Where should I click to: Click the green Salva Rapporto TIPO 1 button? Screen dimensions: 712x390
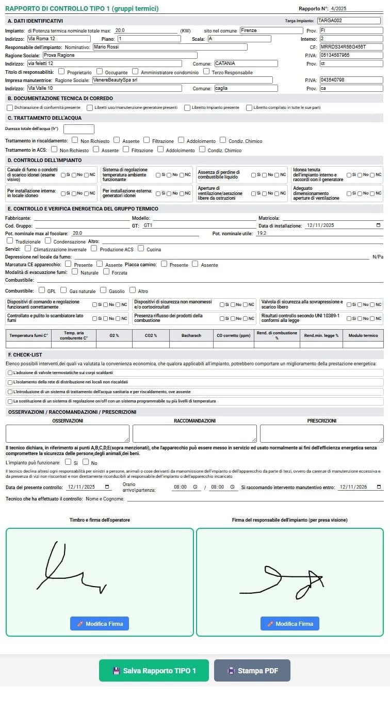[154, 670]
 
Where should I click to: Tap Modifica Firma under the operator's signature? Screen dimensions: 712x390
[100, 623]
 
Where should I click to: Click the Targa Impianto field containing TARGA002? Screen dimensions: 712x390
[349, 21]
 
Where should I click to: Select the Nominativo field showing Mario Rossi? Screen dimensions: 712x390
[169, 47]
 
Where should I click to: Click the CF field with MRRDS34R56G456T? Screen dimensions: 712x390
[351, 47]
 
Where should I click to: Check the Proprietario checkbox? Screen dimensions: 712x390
[62, 72]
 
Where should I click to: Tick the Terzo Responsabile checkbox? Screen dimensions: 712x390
[206, 72]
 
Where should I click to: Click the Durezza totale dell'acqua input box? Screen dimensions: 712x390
[78, 129]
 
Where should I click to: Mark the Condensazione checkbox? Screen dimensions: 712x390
[48, 240]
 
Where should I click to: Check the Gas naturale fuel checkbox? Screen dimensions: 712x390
[64, 290]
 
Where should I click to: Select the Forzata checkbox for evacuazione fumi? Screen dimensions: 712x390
[106, 272]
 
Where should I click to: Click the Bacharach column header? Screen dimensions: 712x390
[191, 335]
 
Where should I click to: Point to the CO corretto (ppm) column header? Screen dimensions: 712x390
[233, 335]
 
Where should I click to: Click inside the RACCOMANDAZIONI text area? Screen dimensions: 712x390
[194, 433]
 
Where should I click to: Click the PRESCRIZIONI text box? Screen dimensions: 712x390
[321, 433]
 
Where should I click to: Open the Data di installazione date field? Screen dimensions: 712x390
[343, 225]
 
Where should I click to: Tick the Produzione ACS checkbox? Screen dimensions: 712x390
[94, 249]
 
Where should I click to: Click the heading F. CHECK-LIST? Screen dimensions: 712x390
[25, 354]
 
